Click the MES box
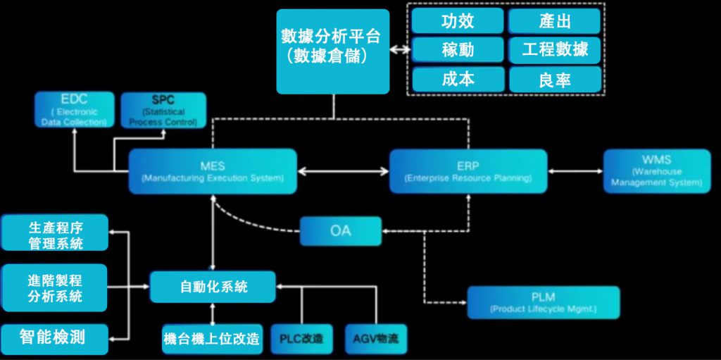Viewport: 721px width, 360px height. pyautogui.click(x=213, y=171)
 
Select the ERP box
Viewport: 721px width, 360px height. pyautogui.click(x=468, y=171)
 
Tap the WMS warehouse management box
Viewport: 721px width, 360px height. pyautogui.click(x=656, y=171)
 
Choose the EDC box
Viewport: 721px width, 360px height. pyautogui.click(x=74, y=111)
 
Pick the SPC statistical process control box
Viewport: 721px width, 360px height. pyautogui.click(x=163, y=111)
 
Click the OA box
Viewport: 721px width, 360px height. pyautogui.click(x=340, y=231)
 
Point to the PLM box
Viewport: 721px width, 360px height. pyautogui.click(x=544, y=302)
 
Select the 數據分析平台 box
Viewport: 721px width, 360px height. pyautogui.click(x=332, y=51)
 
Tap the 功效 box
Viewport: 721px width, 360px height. pyautogui.click(x=458, y=21)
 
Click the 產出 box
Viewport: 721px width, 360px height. pyautogui.click(x=555, y=21)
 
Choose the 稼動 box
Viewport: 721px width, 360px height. pyautogui.click(x=458, y=50)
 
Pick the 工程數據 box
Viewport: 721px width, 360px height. pyautogui.click(x=555, y=50)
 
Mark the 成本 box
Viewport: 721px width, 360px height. pyautogui.click(x=458, y=79)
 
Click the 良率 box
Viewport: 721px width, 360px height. pyautogui.click(x=555, y=80)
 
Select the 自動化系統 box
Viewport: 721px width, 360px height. pyautogui.click(x=213, y=287)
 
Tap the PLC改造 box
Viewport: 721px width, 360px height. pyautogui.click(x=301, y=339)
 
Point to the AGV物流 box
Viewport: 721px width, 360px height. pyautogui.click(x=375, y=339)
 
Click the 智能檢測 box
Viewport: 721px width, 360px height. pyautogui.click(x=54, y=339)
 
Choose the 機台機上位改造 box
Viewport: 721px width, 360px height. pyautogui.click(x=211, y=339)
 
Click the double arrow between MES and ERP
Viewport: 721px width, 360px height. pyautogui.click(x=343, y=170)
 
